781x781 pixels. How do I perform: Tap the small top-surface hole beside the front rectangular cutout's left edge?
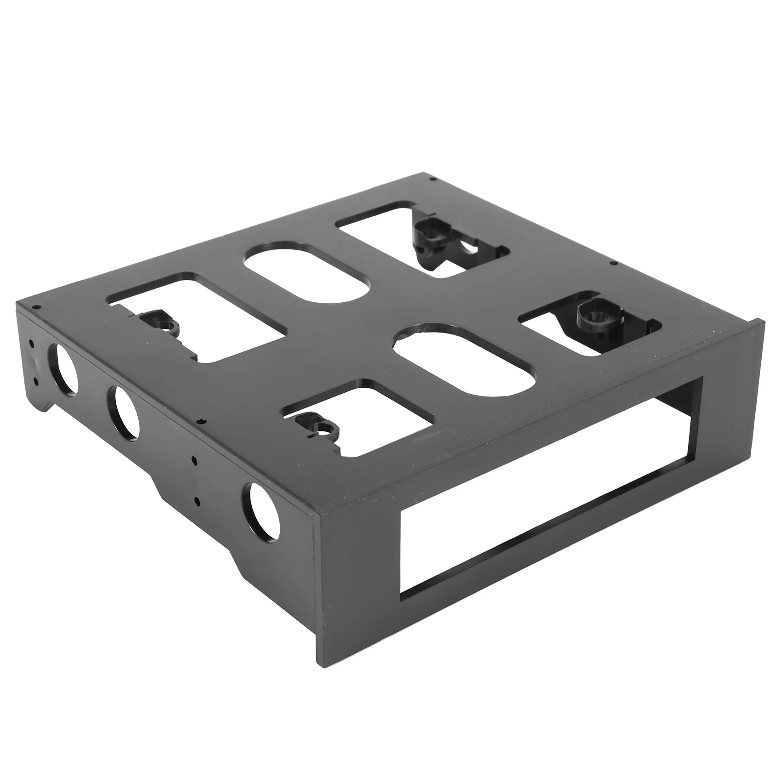(x=199, y=421)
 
